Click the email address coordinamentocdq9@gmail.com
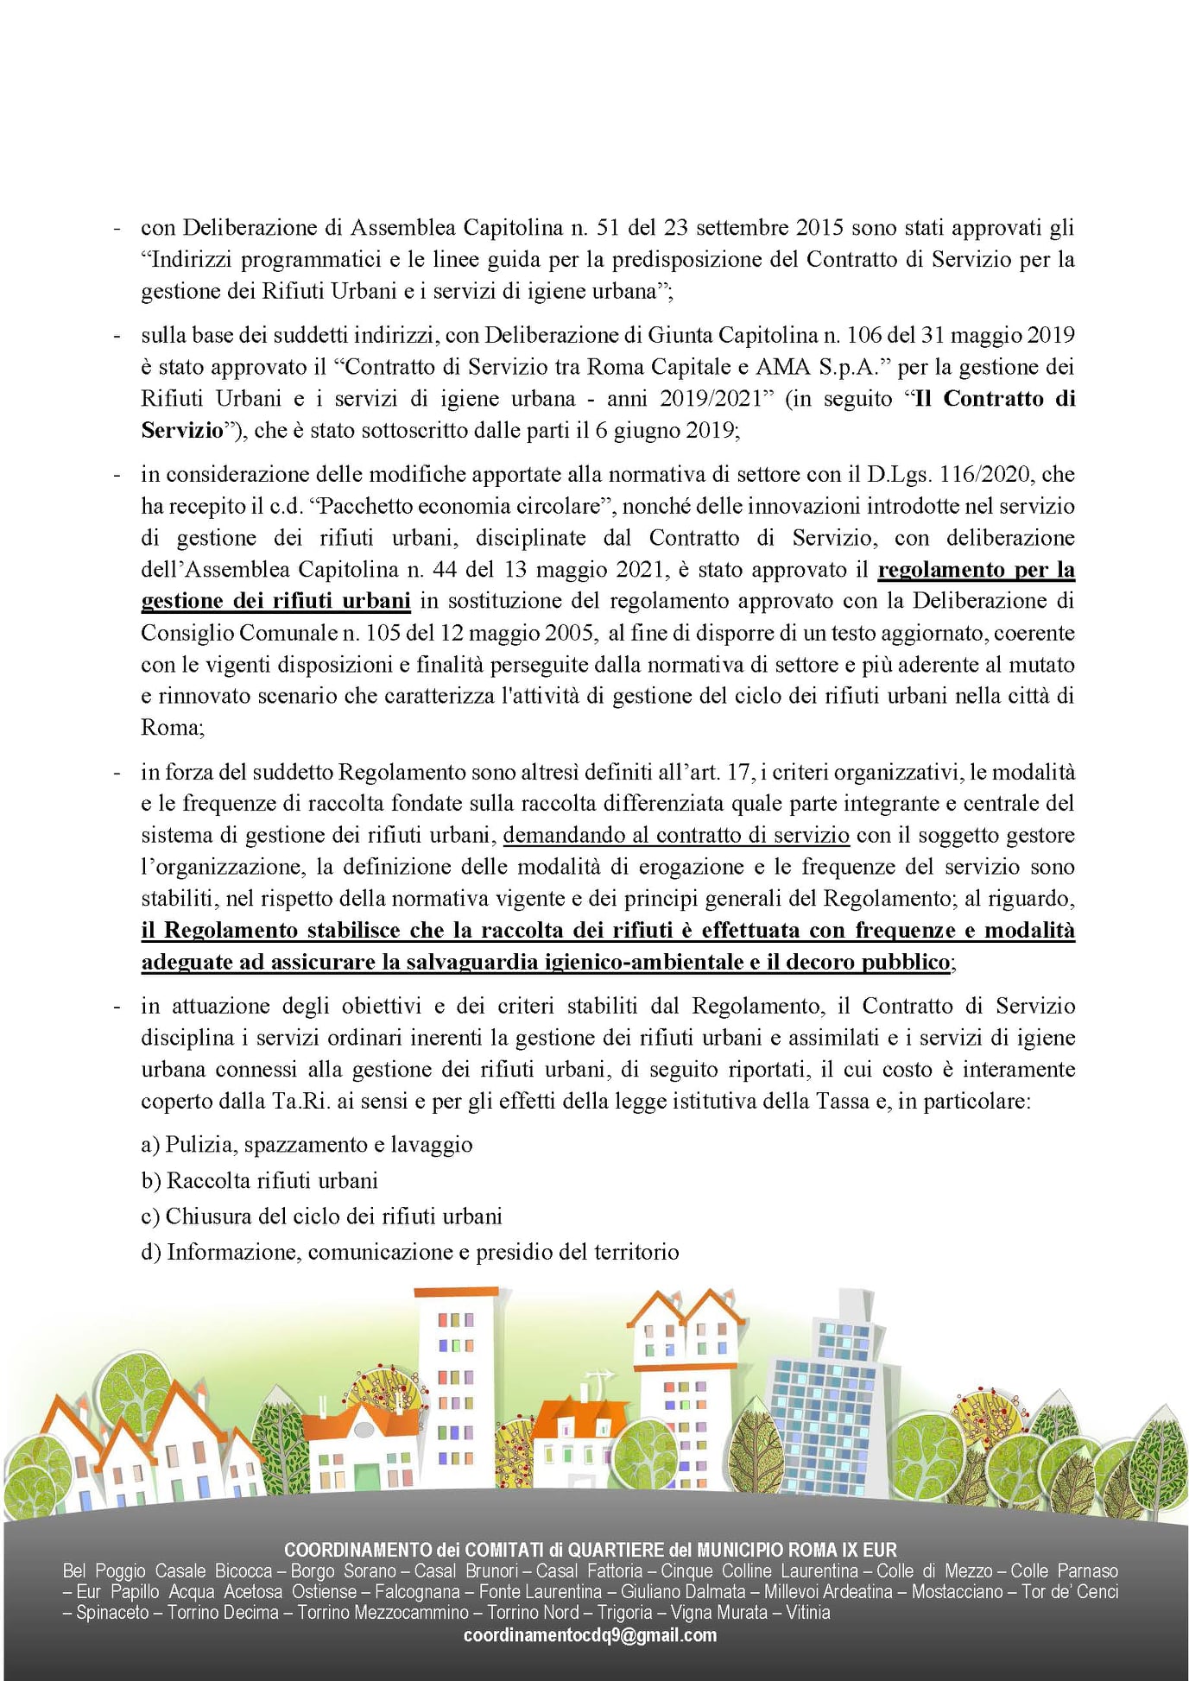point(590,1634)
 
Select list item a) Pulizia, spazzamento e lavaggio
point(307,1145)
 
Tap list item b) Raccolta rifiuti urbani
point(260,1180)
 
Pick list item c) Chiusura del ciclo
point(321,1217)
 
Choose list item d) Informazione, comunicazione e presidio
point(410,1252)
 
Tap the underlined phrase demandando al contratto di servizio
point(676,835)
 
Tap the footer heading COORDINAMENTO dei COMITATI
point(590,1549)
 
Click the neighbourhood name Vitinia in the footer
point(807,1612)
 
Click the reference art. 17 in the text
point(725,772)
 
